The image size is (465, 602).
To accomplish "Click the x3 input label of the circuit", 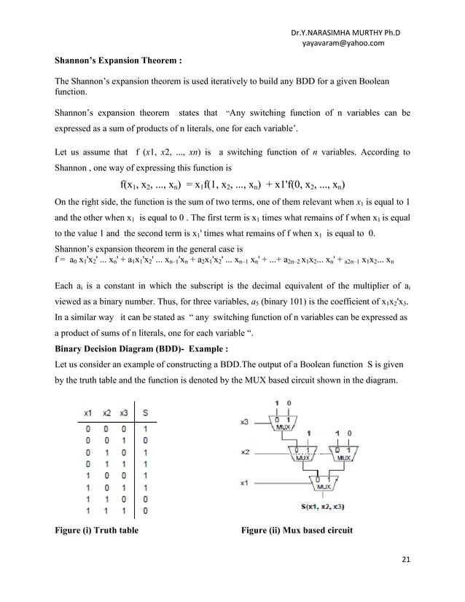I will [246, 422].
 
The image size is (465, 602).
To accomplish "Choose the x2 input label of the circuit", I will [246, 453].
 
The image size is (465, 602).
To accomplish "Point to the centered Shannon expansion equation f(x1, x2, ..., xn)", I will [232, 184].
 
